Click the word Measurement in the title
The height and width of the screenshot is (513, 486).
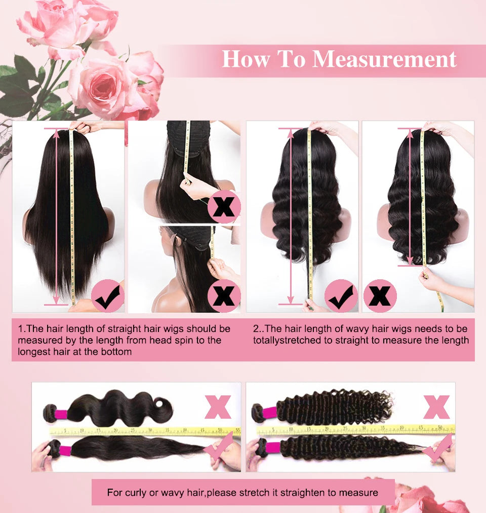[x=385, y=59]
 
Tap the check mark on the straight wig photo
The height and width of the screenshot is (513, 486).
[x=107, y=296]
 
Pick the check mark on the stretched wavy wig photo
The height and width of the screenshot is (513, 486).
[x=341, y=296]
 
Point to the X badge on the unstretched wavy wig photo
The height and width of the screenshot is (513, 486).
[x=380, y=296]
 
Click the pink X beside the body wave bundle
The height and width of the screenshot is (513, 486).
[x=218, y=407]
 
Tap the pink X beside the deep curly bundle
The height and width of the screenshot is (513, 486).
[x=436, y=407]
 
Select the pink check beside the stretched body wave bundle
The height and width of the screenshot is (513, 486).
[x=218, y=448]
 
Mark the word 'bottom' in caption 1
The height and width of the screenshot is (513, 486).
[x=117, y=351]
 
